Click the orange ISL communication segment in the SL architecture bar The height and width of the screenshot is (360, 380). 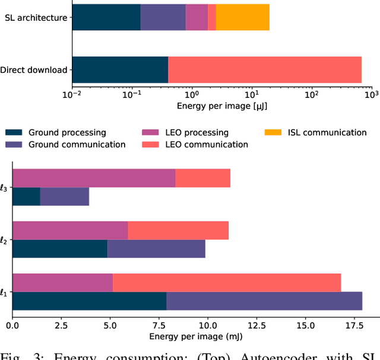(x=242, y=18)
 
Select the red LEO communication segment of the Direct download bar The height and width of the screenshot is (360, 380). (x=265, y=70)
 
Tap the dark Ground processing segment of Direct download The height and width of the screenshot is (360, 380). (x=120, y=70)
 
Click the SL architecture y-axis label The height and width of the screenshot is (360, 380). (x=36, y=18)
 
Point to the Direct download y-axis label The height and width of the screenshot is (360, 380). (x=34, y=70)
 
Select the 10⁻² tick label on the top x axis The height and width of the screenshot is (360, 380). (x=72, y=94)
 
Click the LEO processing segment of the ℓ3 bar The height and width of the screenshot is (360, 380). (x=94, y=178)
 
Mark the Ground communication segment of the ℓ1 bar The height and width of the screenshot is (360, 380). (x=264, y=301)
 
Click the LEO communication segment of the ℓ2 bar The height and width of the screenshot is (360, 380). (x=178, y=230)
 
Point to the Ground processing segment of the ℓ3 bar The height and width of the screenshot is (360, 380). (x=26, y=196)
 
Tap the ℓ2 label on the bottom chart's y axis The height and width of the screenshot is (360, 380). (x=4, y=240)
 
